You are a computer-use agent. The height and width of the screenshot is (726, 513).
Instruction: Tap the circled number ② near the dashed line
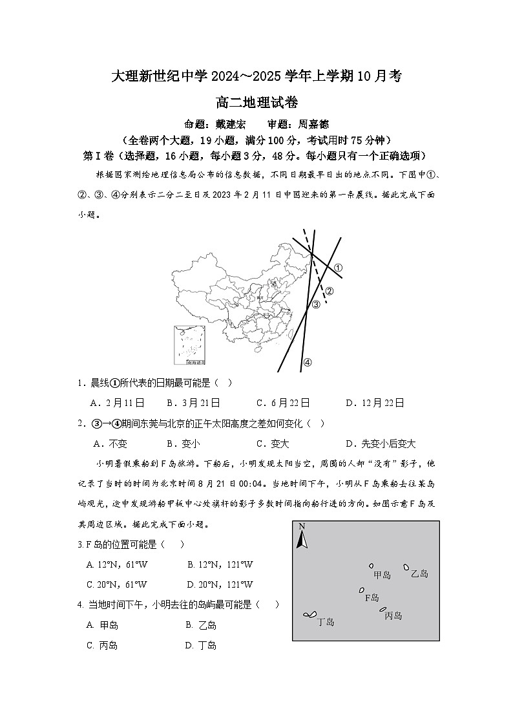pyautogui.click(x=329, y=291)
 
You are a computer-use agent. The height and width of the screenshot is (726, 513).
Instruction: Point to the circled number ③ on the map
pyautogui.click(x=316, y=304)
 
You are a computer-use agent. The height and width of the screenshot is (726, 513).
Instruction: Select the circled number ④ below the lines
pyautogui.click(x=308, y=362)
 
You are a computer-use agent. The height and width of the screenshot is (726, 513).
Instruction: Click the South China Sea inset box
pyautogui.click(x=190, y=347)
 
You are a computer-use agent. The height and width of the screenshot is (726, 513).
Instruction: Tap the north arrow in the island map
pyautogui.click(x=301, y=536)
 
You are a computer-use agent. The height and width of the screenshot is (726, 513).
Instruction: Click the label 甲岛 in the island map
pyautogui.click(x=382, y=575)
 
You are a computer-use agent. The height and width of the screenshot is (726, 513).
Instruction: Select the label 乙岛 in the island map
pyautogui.click(x=419, y=573)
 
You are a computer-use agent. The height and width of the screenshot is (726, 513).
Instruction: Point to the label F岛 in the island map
pyautogui.click(x=372, y=597)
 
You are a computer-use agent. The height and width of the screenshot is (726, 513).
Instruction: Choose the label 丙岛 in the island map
pyautogui.click(x=393, y=616)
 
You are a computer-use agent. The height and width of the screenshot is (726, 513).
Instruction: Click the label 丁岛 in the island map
pyautogui.click(x=326, y=622)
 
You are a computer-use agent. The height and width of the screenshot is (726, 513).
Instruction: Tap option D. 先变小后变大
pyautogui.click(x=381, y=443)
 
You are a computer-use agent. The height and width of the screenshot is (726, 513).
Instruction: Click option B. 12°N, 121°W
pyautogui.click(x=220, y=564)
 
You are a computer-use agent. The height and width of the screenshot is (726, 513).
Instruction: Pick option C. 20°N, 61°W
pyautogui.click(x=116, y=584)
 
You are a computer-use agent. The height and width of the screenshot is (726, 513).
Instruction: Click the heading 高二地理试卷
pyautogui.click(x=256, y=101)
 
